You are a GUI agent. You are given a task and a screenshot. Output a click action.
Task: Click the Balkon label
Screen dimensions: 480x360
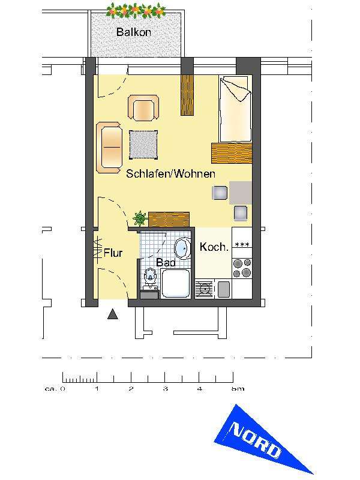point(133,32)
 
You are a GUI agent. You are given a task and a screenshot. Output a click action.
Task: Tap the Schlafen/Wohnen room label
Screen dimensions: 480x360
point(170,174)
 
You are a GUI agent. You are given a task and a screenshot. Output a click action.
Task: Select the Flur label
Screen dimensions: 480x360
point(113,253)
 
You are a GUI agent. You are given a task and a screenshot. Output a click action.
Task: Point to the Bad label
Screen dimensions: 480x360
point(164,262)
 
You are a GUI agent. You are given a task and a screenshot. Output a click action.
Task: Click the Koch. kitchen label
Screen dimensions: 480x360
point(214,247)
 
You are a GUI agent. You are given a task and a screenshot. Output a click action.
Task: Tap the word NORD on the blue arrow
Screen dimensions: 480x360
point(256,440)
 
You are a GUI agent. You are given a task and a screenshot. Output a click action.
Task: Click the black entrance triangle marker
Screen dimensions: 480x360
point(113,314)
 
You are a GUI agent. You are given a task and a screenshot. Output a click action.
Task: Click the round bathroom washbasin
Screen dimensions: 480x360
point(182,247)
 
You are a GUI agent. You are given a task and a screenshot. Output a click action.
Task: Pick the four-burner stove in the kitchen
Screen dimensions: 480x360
point(242,267)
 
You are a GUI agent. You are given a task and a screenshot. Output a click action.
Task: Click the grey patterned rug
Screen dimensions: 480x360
point(143,145)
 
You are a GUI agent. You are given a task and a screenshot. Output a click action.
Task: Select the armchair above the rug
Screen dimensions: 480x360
point(143,110)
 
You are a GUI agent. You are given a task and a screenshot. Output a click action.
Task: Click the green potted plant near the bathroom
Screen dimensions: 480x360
point(140,218)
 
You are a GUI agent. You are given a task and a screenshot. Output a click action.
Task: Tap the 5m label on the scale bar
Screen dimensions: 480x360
point(238,389)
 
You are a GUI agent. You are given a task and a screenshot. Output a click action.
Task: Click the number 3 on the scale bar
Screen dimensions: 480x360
point(165,389)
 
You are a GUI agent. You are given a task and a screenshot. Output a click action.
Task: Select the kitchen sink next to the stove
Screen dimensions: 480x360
point(205,289)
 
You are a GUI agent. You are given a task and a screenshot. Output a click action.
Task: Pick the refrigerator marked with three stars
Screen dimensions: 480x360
point(242,244)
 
